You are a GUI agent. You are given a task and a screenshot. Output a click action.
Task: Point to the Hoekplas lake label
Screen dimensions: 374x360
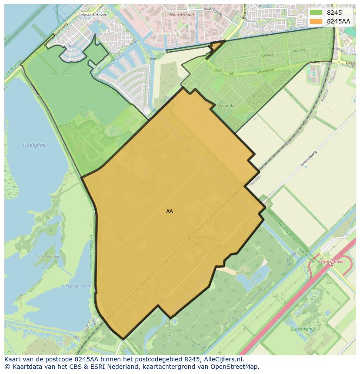click(34, 145)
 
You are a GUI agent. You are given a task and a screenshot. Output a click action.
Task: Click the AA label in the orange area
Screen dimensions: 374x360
click(170, 212)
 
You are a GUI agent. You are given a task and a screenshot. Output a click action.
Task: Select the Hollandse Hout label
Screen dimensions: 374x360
click(200, 240)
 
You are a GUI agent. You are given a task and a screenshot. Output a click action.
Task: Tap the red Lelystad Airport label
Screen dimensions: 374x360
click(332, 261)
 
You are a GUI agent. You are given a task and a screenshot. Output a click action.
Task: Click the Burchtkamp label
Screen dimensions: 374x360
click(303, 329)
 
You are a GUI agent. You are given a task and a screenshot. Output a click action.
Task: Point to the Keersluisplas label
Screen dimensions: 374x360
click(77, 286)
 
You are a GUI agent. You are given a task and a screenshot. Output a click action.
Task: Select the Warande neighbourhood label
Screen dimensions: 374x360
click(226, 106)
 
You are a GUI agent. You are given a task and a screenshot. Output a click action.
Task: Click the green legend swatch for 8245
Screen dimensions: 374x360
click(316, 13)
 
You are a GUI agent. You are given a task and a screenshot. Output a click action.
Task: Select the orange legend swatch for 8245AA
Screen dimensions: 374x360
click(316, 21)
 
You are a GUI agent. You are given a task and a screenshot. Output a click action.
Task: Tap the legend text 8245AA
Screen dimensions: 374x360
click(338, 21)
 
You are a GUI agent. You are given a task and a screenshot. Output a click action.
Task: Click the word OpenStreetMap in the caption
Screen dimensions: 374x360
click(238, 367)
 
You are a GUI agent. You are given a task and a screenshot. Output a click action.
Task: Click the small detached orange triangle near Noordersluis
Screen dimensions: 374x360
click(216, 46)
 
